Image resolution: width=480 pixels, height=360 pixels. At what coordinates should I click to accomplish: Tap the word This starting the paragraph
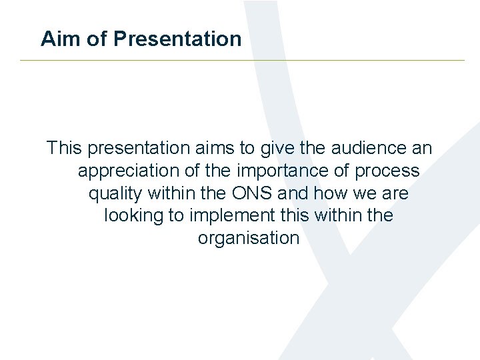(x=64, y=147)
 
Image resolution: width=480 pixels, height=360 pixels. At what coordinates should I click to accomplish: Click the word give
(x=275, y=147)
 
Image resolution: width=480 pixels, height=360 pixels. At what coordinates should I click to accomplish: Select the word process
(x=387, y=171)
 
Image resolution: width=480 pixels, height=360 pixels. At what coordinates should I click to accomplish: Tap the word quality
(x=115, y=193)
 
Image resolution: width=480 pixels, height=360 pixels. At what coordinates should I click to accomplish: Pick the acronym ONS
(x=252, y=193)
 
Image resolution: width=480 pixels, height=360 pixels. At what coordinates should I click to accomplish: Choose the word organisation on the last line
(x=249, y=239)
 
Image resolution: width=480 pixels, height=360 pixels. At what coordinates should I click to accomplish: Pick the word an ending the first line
(x=422, y=147)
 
